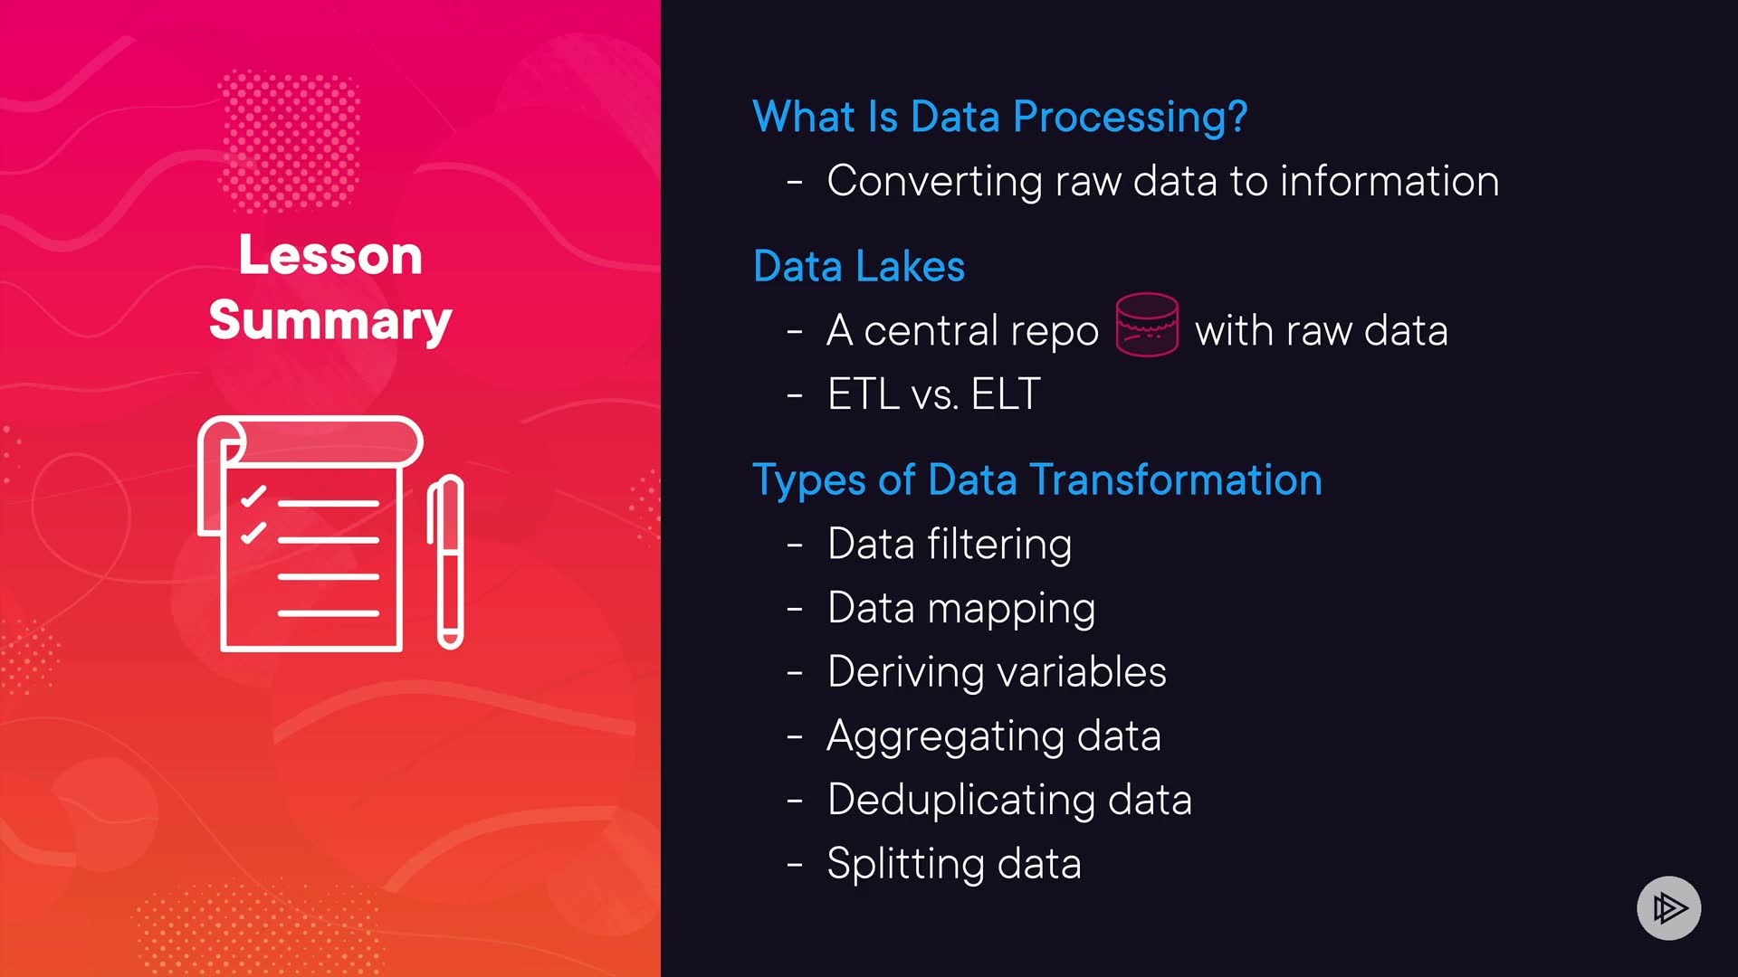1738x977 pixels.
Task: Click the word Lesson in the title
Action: pos(330,255)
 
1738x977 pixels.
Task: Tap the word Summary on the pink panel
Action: pos(330,321)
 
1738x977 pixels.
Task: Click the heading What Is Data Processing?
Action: pos(1000,118)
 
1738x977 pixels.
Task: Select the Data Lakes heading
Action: pos(859,266)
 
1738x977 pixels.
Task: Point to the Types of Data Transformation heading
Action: pos(1037,480)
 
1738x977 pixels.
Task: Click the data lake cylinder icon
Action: pos(1147,325)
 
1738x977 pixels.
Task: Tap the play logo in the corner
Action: pos(1669,908)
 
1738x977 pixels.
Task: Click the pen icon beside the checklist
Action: pos(445,562)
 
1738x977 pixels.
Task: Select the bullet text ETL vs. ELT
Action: pos(934,394)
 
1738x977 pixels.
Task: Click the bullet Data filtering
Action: pos(950,545)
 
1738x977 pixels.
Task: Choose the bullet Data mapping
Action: pos(961,609)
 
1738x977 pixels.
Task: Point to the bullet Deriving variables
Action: pos(997,672)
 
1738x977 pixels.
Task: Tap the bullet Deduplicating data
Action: pos(1009,801)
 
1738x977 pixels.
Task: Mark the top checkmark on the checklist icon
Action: pos(253,497)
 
